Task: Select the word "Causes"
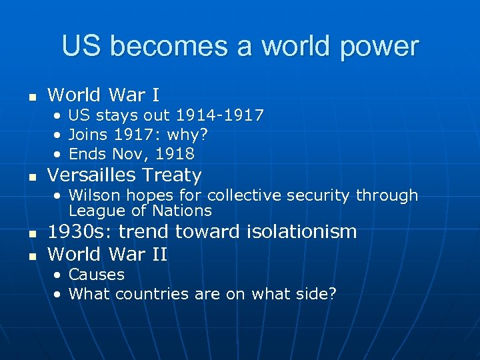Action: (97, 275)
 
